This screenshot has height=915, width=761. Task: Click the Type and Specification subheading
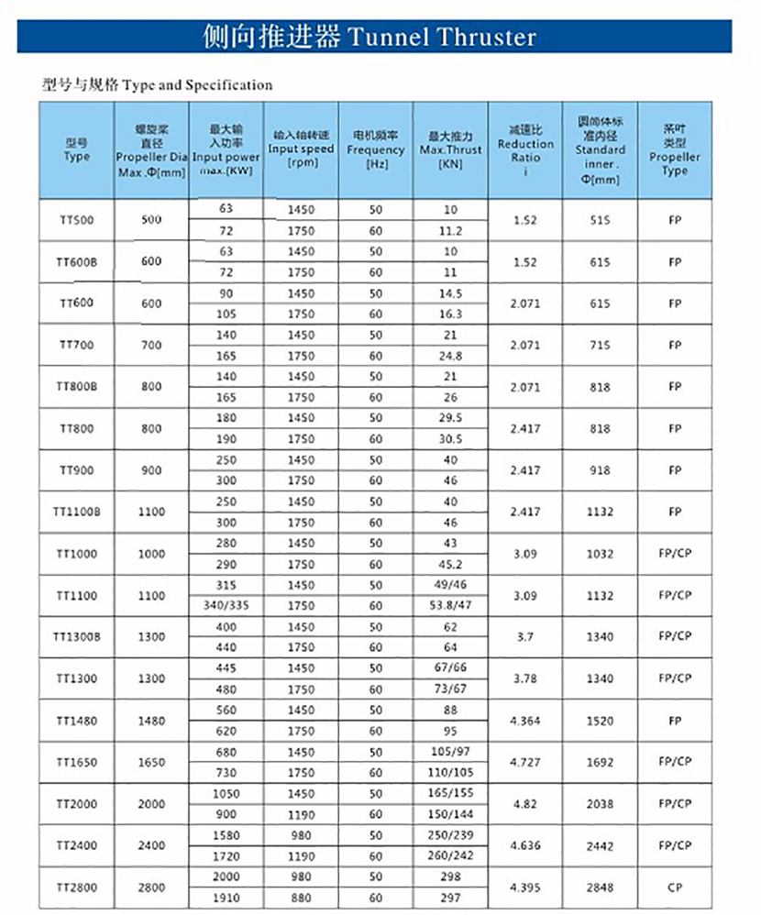tap(158, 85)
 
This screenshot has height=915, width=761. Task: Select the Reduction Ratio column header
tap(525, 149)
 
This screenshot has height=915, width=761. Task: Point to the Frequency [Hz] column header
tap(375, 149)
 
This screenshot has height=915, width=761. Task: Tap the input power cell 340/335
tap(226, 606)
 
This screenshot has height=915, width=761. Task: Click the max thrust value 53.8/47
tap(450, 606)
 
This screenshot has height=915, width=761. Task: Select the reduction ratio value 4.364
tap(525, 721)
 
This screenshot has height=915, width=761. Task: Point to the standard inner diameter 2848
tap(600, 887)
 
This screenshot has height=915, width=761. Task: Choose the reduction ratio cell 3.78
tap(525, 678)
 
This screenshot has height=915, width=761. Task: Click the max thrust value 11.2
tap(450, 231)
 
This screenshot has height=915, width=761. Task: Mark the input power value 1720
tap(226, 855)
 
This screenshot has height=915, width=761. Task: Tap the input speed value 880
tap(301, 898)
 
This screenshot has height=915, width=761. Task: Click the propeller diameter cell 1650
tap(151, 762)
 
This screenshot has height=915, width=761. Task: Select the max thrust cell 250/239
tap(450, 835)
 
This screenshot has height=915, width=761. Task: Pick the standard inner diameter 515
tap(600, 220)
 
